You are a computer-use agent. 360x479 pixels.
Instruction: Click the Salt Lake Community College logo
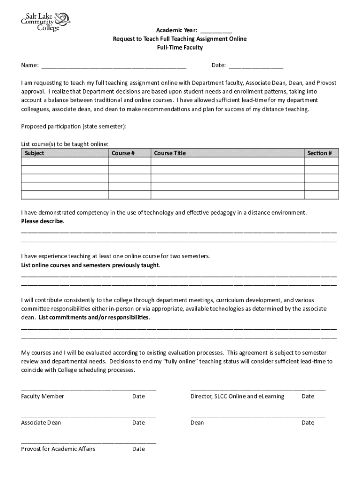pos(45,22)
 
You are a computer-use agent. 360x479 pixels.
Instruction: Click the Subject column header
pos(34,153)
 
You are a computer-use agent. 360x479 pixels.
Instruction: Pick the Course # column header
pos(123,153)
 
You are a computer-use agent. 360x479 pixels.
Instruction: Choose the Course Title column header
pos(170,153)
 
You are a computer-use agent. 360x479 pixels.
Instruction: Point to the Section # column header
pos(319,153)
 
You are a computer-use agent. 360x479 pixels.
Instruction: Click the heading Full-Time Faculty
pos(180,48)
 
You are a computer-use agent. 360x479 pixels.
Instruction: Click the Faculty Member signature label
pos(43,396)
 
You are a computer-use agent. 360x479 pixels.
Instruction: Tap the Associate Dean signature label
pos(41,422)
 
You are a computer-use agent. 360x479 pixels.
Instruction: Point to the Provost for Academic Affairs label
pos(58,449)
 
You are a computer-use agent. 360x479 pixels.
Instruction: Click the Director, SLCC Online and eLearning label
pos(237,396)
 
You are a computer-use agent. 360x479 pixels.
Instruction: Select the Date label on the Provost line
pos(138,449)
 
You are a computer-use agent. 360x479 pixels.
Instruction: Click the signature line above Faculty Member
pos(88,390)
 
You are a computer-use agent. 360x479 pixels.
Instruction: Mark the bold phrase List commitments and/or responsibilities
pos(94,318)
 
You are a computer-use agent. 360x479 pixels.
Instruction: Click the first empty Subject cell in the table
pos(65,161)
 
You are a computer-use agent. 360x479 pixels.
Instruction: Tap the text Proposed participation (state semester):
pos(73,126)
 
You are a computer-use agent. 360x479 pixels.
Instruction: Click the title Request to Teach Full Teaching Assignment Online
pos(180,39)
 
